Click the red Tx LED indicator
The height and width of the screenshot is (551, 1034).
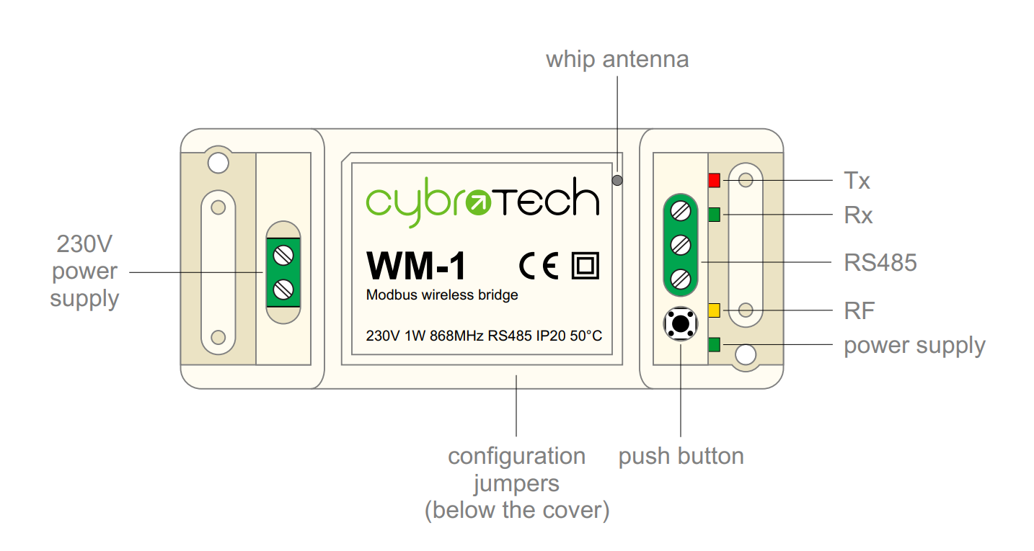pos(715,180)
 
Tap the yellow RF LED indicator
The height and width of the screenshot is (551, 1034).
pos(715,310)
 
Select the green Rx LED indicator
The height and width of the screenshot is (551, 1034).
pos(715,215)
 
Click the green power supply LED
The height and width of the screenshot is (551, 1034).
pos(715,345)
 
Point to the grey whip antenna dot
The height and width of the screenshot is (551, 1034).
pos(617,180)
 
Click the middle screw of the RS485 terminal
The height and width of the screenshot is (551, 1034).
pos(680,245)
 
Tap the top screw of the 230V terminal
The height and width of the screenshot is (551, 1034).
pos(284,255)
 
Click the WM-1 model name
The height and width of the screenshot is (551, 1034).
pos(416,266)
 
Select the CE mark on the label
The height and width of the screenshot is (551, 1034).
pos(539,266)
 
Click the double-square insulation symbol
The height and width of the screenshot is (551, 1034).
pos(585,266)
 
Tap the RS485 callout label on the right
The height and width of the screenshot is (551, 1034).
pos(880,263)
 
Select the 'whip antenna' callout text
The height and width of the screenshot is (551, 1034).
pos(617,59)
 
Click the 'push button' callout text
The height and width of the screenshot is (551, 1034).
pos(681,457)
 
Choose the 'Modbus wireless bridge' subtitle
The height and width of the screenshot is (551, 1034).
pos(442,295)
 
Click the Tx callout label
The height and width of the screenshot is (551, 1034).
pos(857,181)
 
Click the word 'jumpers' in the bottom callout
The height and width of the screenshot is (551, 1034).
pos(516,483)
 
